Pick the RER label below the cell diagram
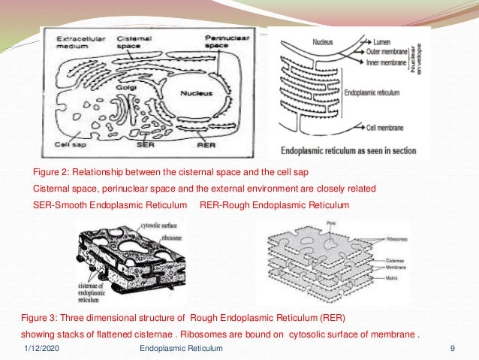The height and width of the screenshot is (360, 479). coord(197,143)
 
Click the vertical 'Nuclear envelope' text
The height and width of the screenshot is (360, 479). coord(422,56)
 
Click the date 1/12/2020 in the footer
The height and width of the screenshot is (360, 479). coord(38,348)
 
